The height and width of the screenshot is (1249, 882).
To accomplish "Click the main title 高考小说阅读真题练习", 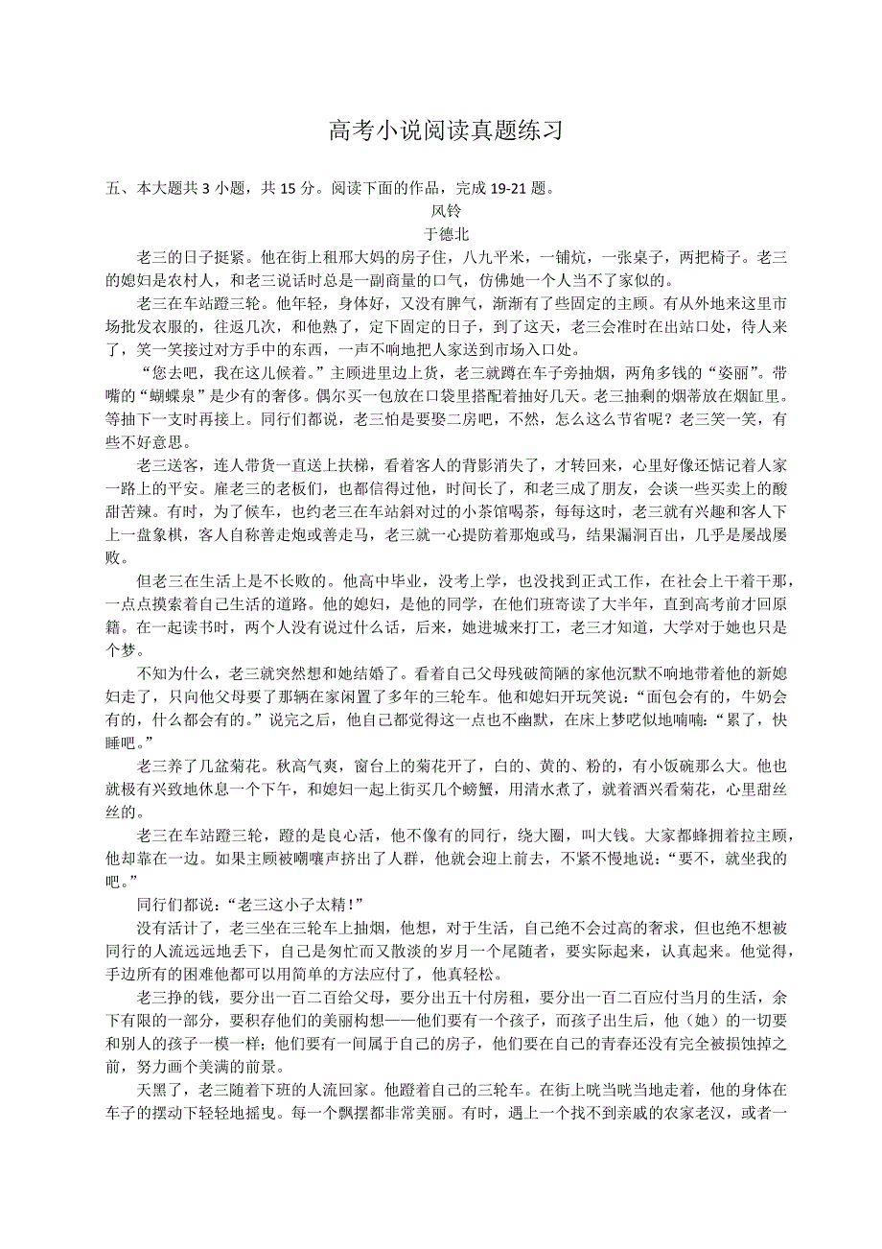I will [445, 131].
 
